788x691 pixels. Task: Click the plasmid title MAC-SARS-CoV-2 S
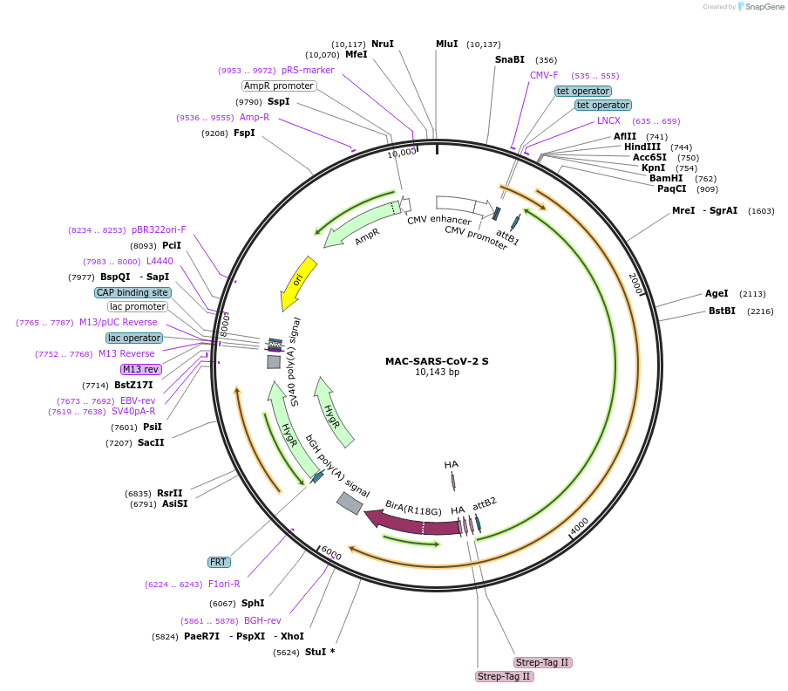point(437,360)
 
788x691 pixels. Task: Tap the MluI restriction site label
point(446,44)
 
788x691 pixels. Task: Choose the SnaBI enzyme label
point(510,59)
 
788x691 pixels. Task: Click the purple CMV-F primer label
point(544,75)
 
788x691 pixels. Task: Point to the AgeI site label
point(717,293)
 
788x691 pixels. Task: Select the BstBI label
point(722,311)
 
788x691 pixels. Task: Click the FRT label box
point(218,562)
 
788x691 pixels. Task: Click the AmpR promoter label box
point(279,86)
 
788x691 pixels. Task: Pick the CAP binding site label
point(132,292)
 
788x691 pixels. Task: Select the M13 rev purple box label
point(140,369)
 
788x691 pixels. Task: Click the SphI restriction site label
point(253,603)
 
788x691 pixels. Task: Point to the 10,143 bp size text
point(437,373)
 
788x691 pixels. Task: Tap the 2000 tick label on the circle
point(635,283)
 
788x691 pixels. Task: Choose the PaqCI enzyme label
point(671,188)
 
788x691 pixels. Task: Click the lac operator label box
point(134,338)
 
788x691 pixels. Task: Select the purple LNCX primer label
point(608,120)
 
